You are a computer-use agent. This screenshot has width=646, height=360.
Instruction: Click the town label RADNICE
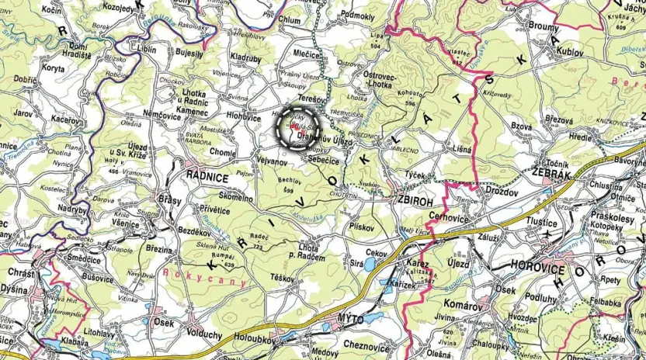click(x=205, y=175)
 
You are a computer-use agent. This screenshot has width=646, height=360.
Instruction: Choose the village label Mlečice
click(x=309, y=56)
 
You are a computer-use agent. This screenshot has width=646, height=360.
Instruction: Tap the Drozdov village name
click(x=501, y=190)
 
